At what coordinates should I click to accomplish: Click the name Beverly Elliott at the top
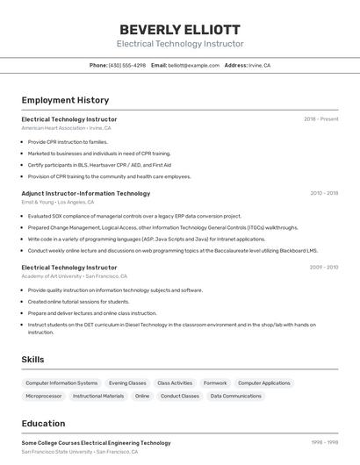pos(180,29)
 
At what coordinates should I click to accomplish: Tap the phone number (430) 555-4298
pos(127,65)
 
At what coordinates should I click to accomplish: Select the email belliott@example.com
pos(194,65)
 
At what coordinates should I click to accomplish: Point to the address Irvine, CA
pos(259,65)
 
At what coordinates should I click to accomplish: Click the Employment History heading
pos(65,100)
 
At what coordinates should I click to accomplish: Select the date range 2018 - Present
pos(321,118)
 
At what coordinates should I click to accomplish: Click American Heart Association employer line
pos(66,128)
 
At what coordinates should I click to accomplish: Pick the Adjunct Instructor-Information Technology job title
pos(85,193)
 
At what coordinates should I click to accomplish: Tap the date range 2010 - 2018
pos(324,193)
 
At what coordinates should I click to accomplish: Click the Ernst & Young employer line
pos(58,202)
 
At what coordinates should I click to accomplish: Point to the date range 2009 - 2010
pos(324,267)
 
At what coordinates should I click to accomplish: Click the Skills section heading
pos(32,359)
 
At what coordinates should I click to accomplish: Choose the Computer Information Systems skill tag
pos(61,383)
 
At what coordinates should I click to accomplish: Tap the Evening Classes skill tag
pos(127,383)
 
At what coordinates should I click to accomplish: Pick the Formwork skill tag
pos(215,383)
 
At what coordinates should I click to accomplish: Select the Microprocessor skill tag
pos(44,397)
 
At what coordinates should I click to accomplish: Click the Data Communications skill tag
pos(236,397)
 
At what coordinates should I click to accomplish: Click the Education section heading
pos(43,423)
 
